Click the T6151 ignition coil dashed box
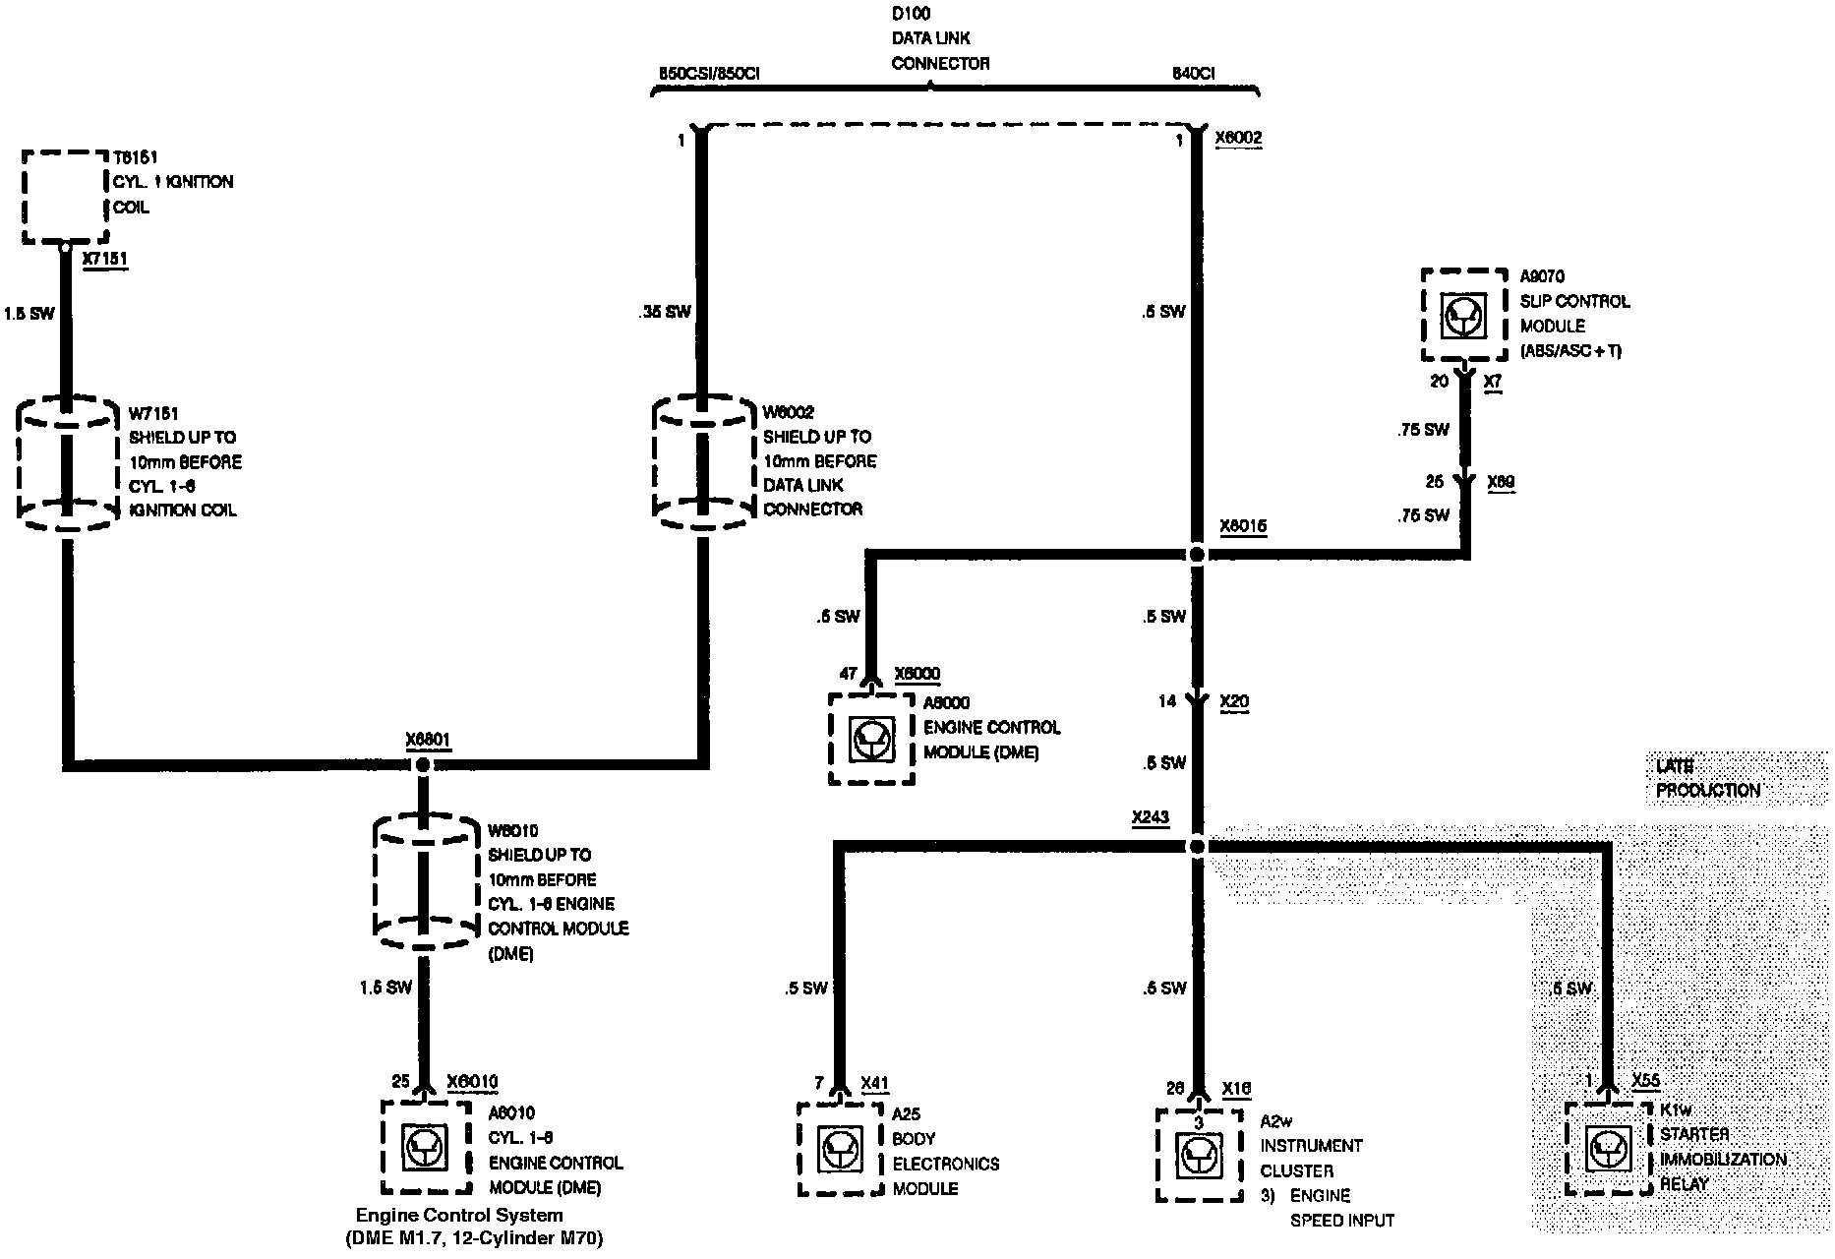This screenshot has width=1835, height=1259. pyautogui.click(x=65, y=197)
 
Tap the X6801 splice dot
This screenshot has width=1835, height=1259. pyautogui.click(x=424, y=765)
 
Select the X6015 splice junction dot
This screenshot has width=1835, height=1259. pyautogui.click(x=1197, y=555)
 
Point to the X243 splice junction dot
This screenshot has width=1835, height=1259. pyautogui.click(x=1197, y=846)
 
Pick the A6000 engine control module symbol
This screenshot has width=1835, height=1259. pyautogui.click(x=871, y=740)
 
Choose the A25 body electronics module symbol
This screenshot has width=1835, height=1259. pyautogui.click(x=840, y=1149)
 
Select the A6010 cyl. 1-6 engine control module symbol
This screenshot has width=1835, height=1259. pyautogui.click(x=424, y=1147)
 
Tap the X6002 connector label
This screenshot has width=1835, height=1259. pyautogui.click(x=1238, y=138)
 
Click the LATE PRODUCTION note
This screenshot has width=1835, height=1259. pyautogui.click(x=1708, y=778)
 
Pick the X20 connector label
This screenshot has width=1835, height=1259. pyautogui.click(x=1234, y=701)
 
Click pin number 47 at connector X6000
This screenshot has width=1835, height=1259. pyautogui.click(x=848, y=675)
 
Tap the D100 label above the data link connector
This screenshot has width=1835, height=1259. pyautogui.click(x=911, y=14)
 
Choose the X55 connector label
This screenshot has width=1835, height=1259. pyautogui.click(x=1645, y=1080)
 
